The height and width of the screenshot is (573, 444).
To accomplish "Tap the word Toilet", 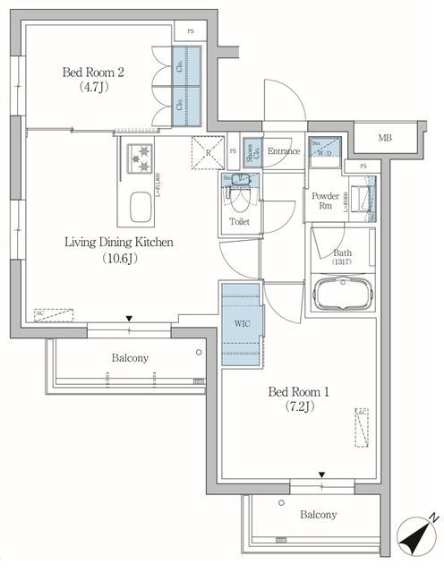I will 239,221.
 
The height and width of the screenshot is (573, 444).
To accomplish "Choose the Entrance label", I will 283,151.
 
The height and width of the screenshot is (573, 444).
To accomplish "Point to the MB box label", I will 385,138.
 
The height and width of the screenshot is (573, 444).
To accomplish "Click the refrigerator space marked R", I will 207,152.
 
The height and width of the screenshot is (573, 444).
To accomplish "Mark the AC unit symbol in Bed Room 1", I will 361,426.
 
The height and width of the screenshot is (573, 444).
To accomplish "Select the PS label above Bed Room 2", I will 191,31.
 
